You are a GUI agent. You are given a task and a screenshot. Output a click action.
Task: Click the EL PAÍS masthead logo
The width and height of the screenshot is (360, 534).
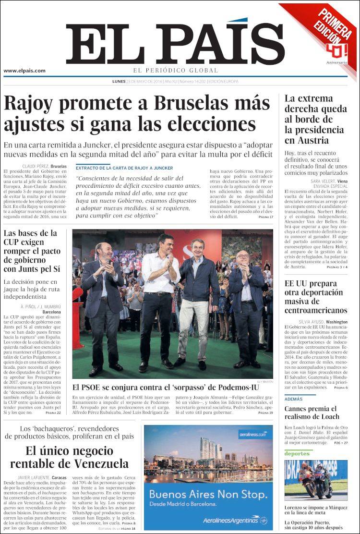(168, 44)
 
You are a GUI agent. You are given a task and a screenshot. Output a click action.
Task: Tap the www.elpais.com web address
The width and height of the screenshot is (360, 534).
(24, 71)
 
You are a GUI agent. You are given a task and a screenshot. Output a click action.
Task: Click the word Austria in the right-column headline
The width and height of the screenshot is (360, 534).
(314, 140)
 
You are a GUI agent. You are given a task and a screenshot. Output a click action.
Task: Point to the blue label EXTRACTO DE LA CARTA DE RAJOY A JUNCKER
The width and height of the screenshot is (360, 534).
(124, 167)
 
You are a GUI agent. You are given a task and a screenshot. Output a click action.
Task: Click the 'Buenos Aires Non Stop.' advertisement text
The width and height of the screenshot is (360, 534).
(208, 494)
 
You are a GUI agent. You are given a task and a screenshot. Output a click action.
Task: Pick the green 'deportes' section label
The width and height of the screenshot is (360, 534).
(296, 453)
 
